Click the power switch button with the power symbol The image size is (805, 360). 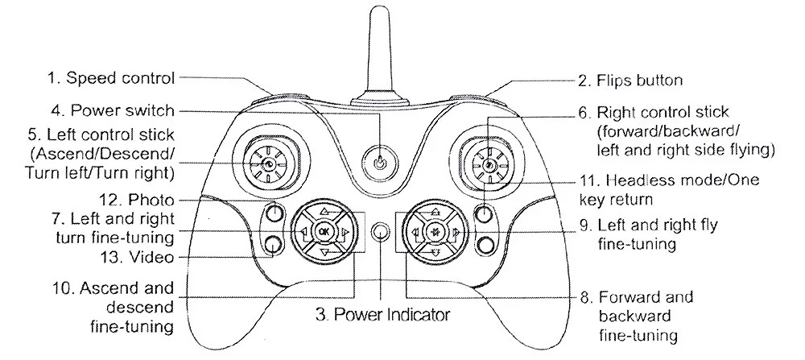(379, 163)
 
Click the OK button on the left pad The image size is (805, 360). (324, 232)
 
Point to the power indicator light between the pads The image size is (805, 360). (380, 232)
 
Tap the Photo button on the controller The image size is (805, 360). (275, 212)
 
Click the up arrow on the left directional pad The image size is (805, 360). (324, 211)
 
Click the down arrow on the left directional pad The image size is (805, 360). (324, 252)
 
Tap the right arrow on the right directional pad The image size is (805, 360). (456, 232)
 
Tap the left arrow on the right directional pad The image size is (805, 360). (416, 232)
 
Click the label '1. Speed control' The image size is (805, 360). (111, 78)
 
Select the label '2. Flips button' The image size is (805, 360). (630, 81)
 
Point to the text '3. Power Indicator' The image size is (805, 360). (382, 314)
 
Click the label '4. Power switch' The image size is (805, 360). (113, 110)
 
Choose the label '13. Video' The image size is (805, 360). (137, 257)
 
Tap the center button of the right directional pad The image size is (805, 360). (436, 232)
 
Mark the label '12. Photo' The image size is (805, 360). (136, 199)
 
